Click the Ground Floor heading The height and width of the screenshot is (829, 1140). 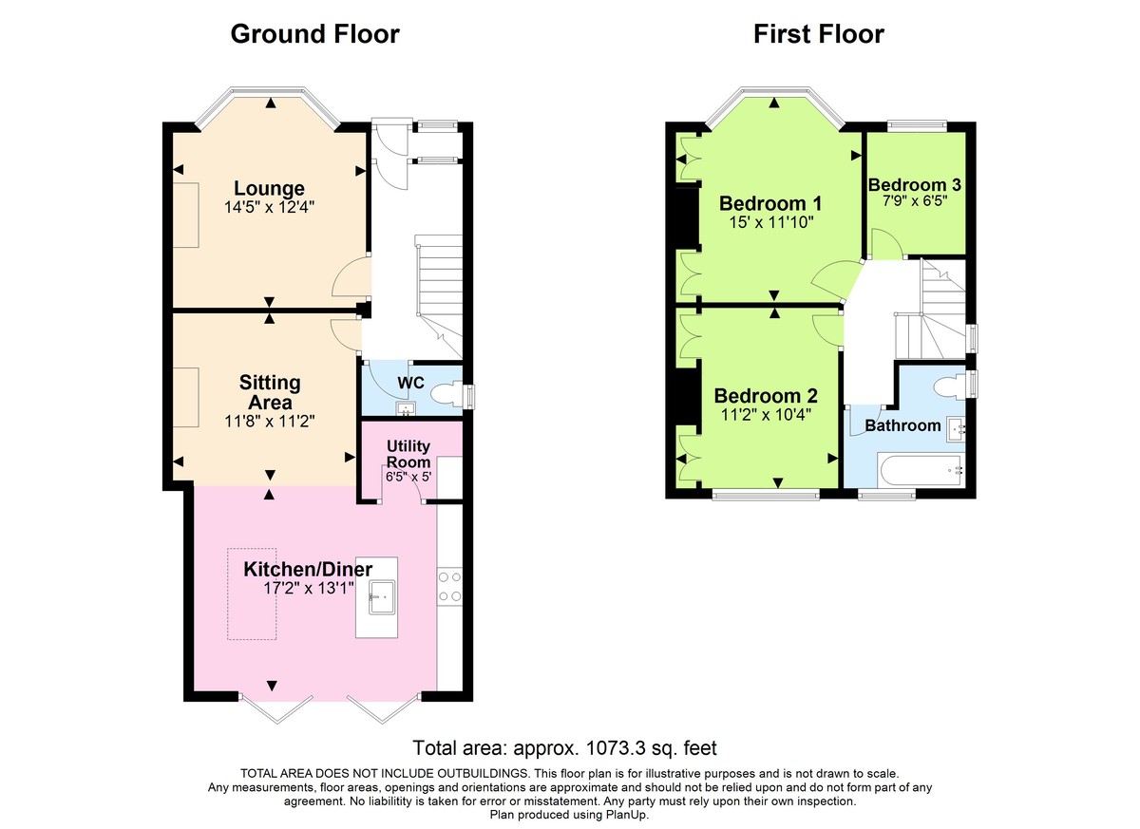click(x=314, y=34)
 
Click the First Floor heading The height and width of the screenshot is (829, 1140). click(x=818, y=34)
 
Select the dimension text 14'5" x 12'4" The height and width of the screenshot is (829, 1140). click(x=271, y=207)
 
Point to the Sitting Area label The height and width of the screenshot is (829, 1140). click(x=270, y=392)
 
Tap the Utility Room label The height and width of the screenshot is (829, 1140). click(x=408, y=454)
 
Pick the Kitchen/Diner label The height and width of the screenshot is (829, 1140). click(x=308, y=569)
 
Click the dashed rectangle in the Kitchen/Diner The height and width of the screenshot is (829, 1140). click(x=252, y=593)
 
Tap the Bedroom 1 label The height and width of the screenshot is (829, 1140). click(x=769, y=203)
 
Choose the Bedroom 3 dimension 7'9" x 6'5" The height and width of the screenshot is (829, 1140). click(x=908, y=201)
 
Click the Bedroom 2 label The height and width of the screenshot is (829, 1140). click(x=766, y=395)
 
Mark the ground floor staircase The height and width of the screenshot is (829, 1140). click(x=438, y=285)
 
